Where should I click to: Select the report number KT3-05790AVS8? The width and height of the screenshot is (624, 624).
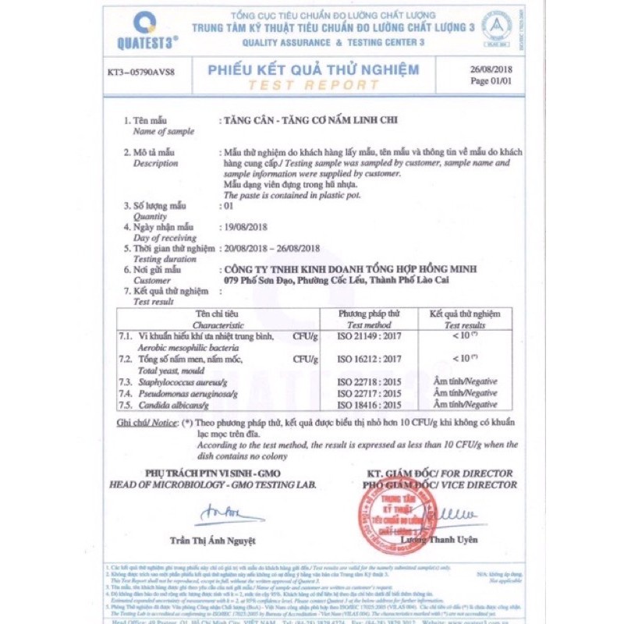[141, 73]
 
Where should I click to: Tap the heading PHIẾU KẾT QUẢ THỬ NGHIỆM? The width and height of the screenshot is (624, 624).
[313, 69]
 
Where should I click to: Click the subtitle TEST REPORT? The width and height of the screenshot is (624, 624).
[313, 85]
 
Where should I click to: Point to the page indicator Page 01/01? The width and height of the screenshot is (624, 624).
[490, 80]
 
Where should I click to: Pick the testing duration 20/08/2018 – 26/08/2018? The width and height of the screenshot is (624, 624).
[272, 248]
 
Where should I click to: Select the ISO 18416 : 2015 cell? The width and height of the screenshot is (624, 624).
[370, 405]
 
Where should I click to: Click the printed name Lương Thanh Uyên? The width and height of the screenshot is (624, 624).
[439, 540]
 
